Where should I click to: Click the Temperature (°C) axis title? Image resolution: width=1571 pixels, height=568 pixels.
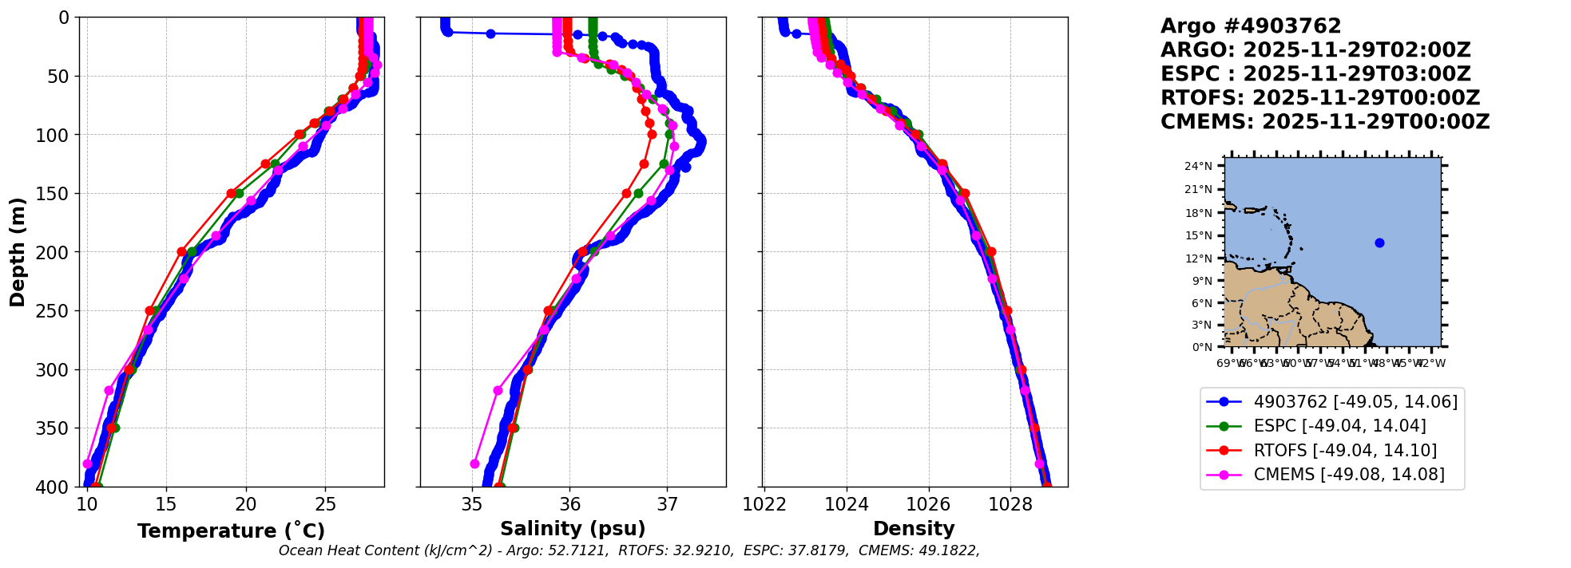coord(231,531)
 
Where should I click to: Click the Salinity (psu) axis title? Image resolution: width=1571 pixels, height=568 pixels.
coord(573,528)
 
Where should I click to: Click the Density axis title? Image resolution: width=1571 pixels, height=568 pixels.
coord(914,528)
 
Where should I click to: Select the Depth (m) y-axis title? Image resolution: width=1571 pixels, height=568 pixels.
coord(18,252)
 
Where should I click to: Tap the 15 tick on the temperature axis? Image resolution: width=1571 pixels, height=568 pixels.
coord(165,504)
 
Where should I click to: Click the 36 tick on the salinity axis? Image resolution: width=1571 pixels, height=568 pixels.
coord(569,504)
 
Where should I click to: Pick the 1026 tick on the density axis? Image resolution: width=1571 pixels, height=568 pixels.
coord(928,504)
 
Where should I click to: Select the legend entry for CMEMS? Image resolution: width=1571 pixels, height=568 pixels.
coord(1349,475)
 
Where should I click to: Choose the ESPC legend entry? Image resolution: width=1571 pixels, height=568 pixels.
coord(1339,426)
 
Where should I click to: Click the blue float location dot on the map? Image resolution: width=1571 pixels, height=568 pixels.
coord(1379,243)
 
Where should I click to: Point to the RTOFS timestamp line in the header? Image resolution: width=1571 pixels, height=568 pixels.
coord(1320,98)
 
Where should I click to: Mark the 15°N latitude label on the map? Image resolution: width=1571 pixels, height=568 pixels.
coord(1198,236)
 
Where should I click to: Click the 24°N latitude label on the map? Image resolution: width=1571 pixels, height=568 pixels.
coord(1198,167)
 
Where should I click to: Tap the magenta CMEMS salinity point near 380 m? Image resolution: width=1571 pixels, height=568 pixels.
coord(474,463)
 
